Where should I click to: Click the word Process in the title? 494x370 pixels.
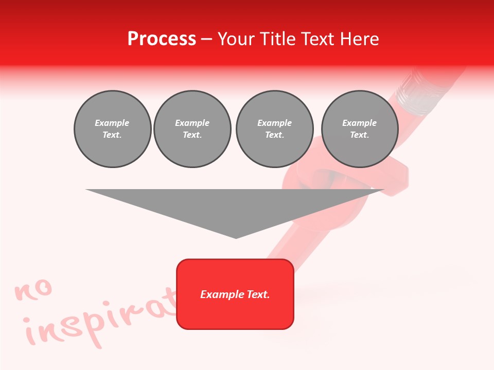(x=162, y=39)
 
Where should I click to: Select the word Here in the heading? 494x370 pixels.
(x=358, y=39)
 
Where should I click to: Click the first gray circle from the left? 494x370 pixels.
(x=112, y=129)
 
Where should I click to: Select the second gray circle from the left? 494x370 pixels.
(x=192, y=129)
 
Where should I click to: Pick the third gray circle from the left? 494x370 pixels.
(x=274, y=129)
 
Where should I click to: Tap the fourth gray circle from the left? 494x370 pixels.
(x=360, y=129)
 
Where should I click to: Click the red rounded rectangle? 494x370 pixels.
(x=235, y=294)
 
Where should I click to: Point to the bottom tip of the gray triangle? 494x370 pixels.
(x=236, y=237)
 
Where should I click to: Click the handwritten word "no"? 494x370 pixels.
(x=33, y=290)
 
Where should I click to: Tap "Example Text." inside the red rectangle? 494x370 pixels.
(x=235, y=294)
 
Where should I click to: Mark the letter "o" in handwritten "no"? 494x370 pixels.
(x=43, y=288)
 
